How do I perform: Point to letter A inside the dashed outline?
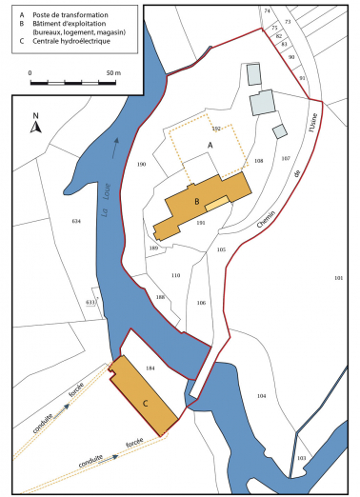(210, 145)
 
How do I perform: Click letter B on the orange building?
(194, 201)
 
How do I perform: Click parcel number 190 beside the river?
(142, 165)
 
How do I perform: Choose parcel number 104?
(261, 395)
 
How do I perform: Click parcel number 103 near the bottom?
(302, 458)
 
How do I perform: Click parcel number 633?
(90, 301)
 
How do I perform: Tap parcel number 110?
(175, 275)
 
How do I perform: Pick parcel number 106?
(201, 302)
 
